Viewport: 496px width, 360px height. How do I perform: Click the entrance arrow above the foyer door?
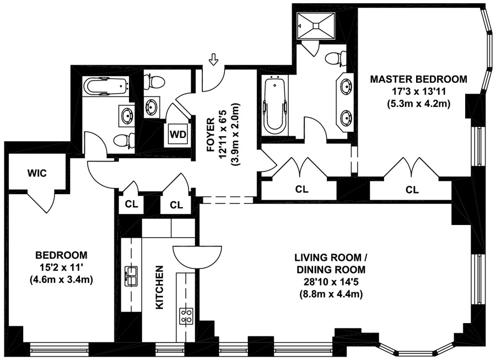(214, 59)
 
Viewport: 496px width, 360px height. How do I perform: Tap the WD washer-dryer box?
(178, 135)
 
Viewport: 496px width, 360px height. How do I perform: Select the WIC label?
(37, 173)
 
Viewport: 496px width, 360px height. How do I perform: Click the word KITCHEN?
(160, 287)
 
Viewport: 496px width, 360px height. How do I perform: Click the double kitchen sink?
(131, 276)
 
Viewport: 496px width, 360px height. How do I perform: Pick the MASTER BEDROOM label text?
(418, 79)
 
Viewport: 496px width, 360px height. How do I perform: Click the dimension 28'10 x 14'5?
(331, 282)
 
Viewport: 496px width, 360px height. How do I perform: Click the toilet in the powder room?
(154, 82)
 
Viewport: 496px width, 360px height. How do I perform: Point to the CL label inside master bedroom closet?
(412, 190)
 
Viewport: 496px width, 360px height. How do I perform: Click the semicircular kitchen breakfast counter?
(197, 256)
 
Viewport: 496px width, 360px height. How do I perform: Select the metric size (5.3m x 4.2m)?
(418, 104)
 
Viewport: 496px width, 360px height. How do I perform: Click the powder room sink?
(152, 106)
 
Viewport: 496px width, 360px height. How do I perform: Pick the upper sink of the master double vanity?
(346, 86)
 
